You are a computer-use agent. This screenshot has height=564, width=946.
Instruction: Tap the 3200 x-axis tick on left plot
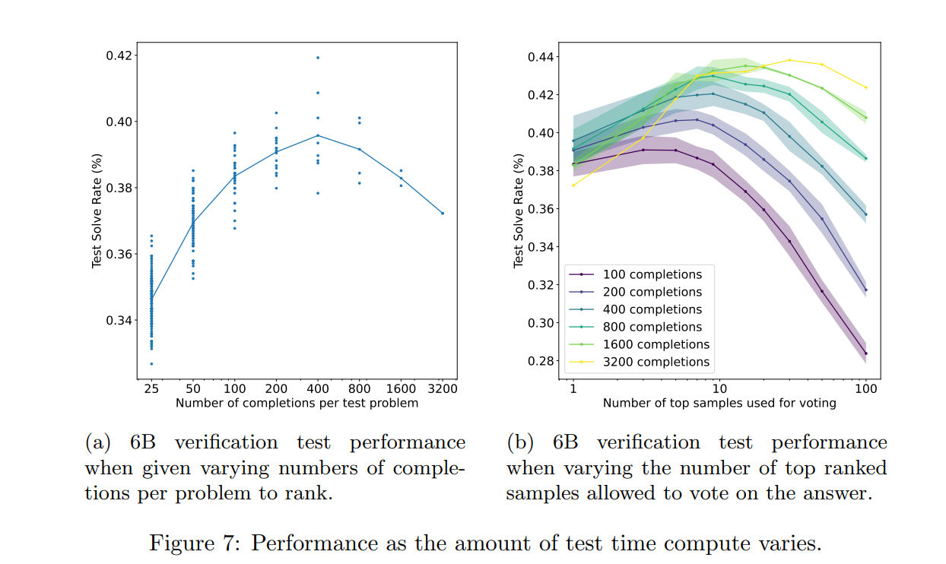(443, 388)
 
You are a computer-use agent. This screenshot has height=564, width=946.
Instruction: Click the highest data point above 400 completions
(318, 57)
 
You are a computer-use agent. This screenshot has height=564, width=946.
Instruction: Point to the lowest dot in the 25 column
(151, 363)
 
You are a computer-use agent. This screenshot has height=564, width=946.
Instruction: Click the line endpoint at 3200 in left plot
(443, 213)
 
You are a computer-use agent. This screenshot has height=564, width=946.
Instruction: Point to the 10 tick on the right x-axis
(719, 388)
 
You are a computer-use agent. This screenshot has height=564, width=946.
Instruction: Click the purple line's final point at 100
(865, 353)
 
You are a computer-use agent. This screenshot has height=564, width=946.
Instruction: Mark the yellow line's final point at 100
(865, 87)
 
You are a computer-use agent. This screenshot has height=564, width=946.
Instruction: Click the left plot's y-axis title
(97, 212)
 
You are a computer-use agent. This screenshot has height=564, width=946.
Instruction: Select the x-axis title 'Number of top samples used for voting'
(719, 403)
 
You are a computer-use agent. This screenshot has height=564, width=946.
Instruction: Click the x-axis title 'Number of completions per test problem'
(297, 403)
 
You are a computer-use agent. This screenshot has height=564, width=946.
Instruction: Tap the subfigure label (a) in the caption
(99, 442)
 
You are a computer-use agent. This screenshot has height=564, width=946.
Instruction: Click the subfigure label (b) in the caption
(521, 442)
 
